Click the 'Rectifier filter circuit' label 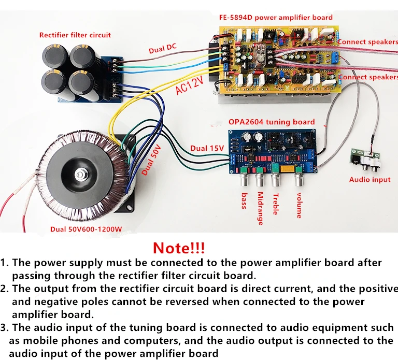click(75, 35)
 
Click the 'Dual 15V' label click(207, 148)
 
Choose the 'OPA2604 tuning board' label click(271, 122)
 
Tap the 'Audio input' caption click(369, 180)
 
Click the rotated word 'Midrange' click(260, 209)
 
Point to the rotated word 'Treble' click(276, 204)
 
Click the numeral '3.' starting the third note click(6, 328)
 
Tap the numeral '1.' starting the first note click(5, 263)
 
